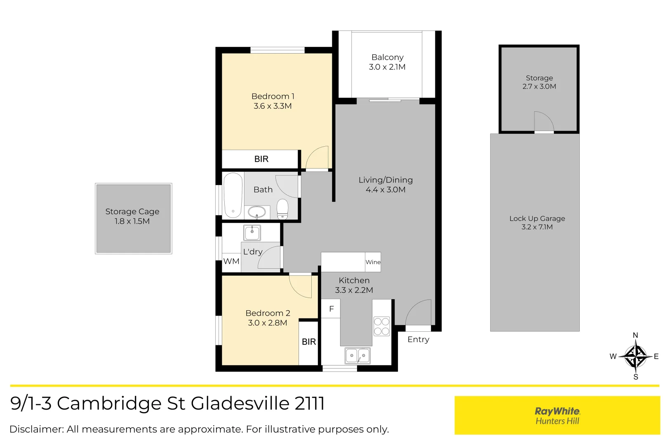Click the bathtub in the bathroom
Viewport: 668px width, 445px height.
233,195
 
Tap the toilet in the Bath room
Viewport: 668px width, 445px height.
282,209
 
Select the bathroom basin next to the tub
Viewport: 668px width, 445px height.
257,212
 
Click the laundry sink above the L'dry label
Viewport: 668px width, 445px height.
252,233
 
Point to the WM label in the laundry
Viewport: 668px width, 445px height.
231,261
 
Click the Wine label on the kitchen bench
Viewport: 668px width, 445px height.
373,262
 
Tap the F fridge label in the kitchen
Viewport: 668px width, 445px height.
331,309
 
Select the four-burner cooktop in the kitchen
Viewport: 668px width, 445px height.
381,326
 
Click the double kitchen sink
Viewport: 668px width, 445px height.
358,355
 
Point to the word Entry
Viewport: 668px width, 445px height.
418,340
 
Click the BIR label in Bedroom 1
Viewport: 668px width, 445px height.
261,159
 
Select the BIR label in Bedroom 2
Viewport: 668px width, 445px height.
308,342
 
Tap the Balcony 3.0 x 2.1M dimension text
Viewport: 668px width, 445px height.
387,67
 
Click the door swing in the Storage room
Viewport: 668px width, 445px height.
543,121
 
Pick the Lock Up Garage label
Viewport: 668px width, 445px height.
537,218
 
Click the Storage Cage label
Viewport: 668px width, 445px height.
132,211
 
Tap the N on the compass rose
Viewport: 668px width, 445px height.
635,335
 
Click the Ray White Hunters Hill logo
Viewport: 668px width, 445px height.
557,415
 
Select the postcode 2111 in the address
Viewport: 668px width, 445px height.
310,403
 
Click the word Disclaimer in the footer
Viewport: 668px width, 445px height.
36,429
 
